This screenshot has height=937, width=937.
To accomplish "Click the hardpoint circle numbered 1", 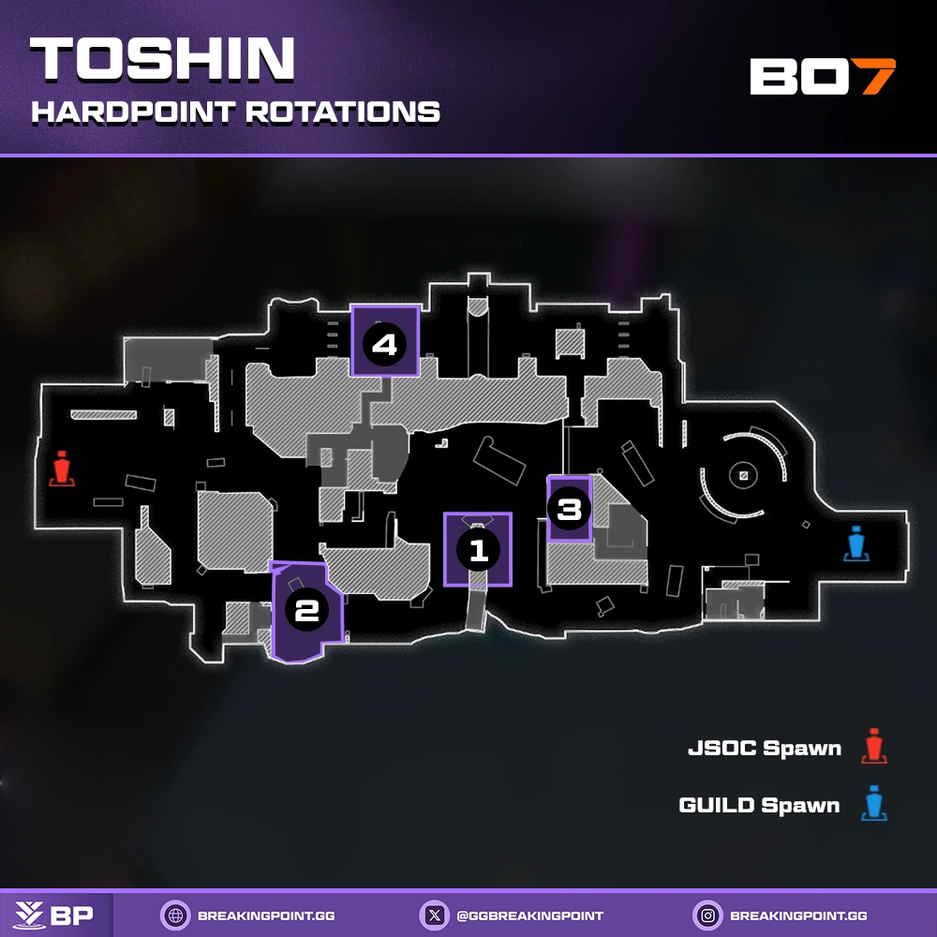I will pyautogui.click(x=479, y=550).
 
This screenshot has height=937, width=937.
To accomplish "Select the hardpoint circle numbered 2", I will pyautogui.click(x=306, y=611).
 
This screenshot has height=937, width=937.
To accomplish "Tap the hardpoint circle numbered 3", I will pyautogui.click(x=570, y=511).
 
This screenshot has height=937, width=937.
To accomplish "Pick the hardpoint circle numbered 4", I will pyautogui.click(x=384, y=345).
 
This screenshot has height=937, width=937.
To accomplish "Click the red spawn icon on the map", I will pyautogui.click(x=62, y=470).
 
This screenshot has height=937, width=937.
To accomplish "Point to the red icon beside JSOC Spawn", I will pyautogui.click(x=874, y=747).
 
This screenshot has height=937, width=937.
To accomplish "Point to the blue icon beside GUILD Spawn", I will pyautogui.click(x=874, y=804).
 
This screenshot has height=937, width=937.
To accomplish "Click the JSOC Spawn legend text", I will pyautogui.click(x=764, y=749).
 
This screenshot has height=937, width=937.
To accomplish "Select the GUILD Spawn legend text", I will pyautogui.click(x=759, y=805).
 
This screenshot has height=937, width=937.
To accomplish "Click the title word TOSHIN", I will pyautogui.click(x=162, y=62).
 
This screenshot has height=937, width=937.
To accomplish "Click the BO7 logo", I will pyautogui.click(x=822, y=77).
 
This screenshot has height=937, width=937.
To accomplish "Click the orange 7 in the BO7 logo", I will pyautogui.click(x=877, y=77).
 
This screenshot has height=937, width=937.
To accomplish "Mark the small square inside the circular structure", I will pyautogui.click(x=743, y=477).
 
